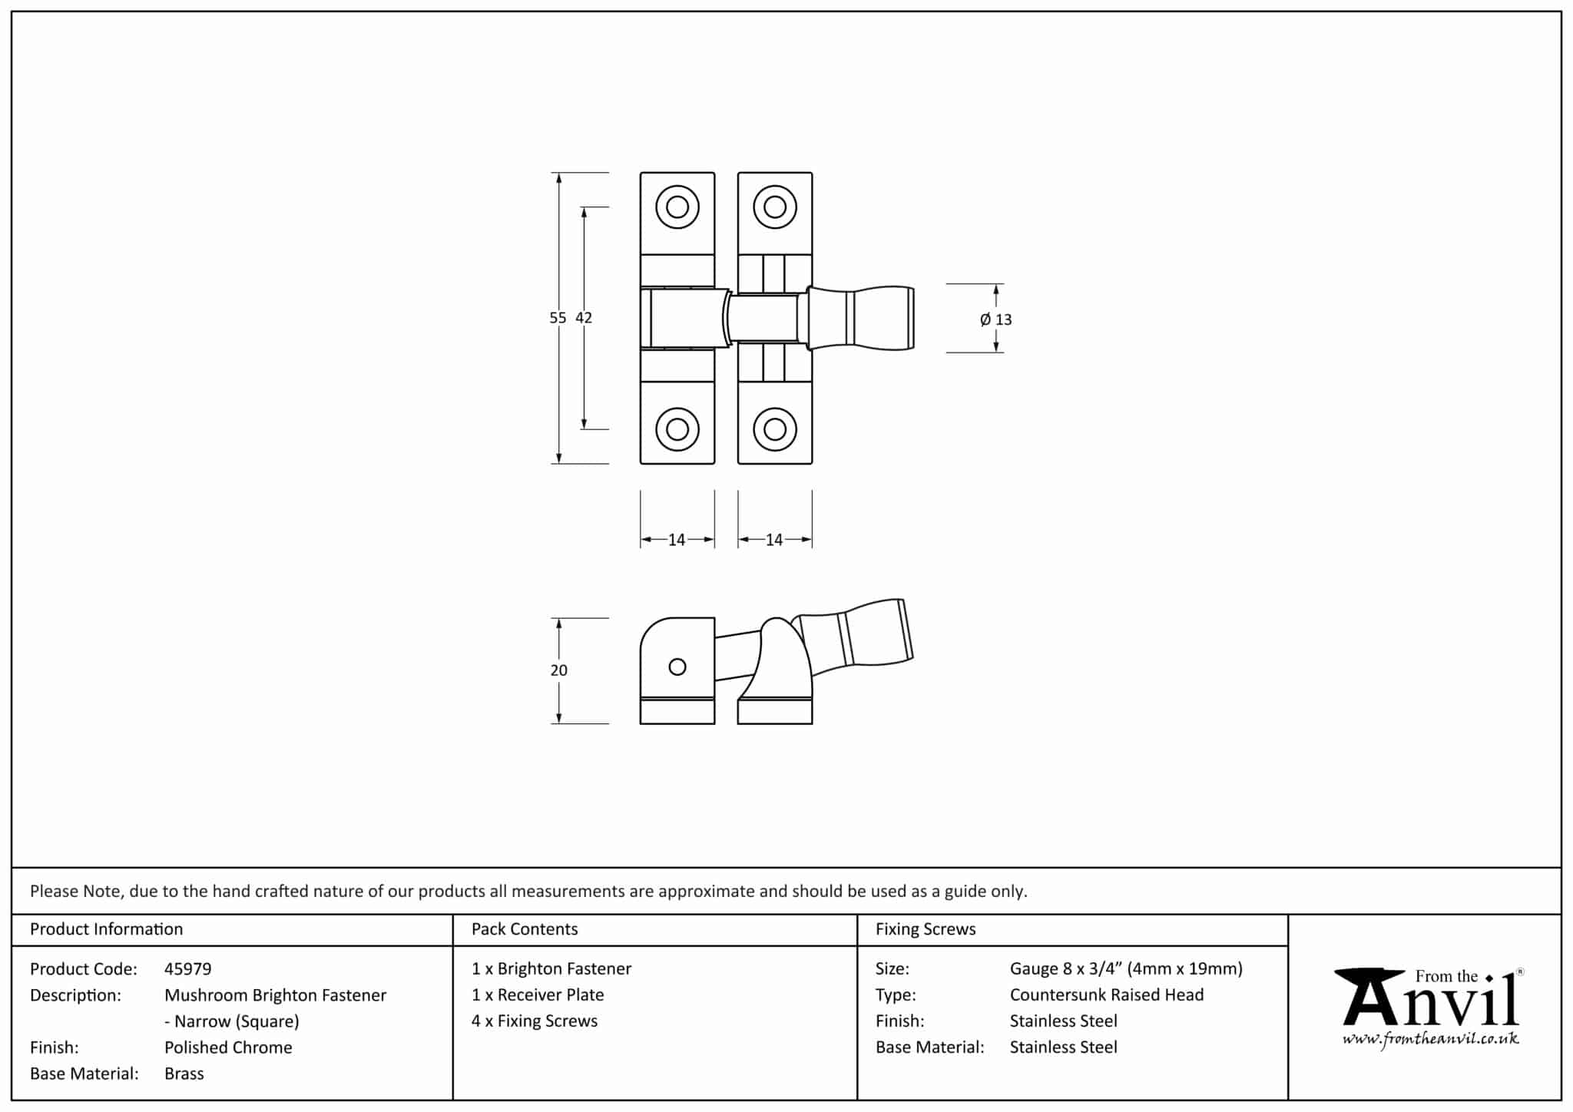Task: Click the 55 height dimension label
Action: pyautogui.click(x=558, y=318)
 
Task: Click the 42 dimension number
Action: pyautogui.click(x=584, y=318)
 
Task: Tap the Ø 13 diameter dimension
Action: pyautogui.click(x=996, y=319)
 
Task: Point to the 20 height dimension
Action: pyautogui.click(x=558, y=670)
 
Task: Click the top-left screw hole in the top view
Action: pyautogui.click(x=677, y=207)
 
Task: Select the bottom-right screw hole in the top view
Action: pyautogui.click(x=775, y=429)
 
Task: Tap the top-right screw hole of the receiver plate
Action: pyautogui.click(x=775, y=207)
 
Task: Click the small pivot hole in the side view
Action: pyautogui.click(x=677, y=667)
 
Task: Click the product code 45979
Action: pyautogui.click(x=187, y=969)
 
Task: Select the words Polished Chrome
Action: pyautogui.click(x=228, y=1047)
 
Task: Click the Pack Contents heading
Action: pyautogui.click(x=525, y=929)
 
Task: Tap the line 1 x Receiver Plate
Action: pyautogui.click(x=538, y=995)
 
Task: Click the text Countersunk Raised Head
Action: pyautogui.click(x=1106, y=995)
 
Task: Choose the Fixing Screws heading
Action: pyautogui.click(x=926, y=929)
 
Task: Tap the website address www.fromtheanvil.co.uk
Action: pyautogui.click(x=1430, y=1039)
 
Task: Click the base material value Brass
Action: pyautogui.click(x=184, y=1074)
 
